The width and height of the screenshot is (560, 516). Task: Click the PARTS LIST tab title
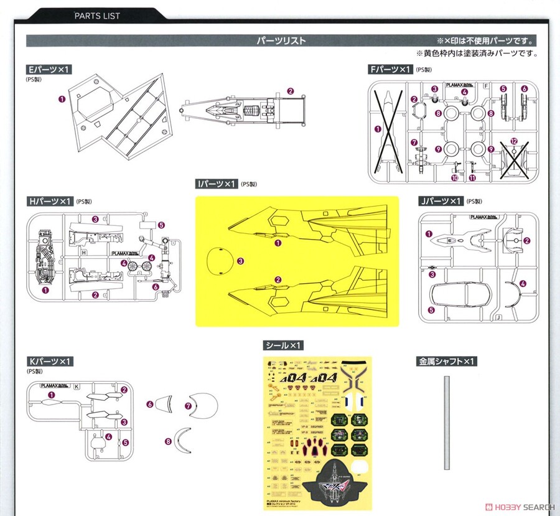click(97, 15)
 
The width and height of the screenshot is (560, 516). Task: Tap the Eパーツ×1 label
click(50, 70)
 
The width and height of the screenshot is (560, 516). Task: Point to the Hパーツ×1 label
click(49, 201)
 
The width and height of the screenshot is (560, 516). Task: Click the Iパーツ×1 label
click(217, 184)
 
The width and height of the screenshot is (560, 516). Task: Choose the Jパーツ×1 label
click(440, 201)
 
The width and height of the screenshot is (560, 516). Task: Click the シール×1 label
click(284, 345)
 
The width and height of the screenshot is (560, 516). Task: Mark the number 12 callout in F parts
click(513, 141)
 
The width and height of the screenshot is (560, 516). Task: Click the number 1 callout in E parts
click(62, 98)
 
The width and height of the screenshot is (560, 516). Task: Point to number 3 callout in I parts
click(240, 261)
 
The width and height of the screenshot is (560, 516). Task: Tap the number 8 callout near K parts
click(168, 441)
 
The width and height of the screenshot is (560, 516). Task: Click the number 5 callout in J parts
click(429, 309)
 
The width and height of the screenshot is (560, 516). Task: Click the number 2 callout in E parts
click(291, 91)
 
